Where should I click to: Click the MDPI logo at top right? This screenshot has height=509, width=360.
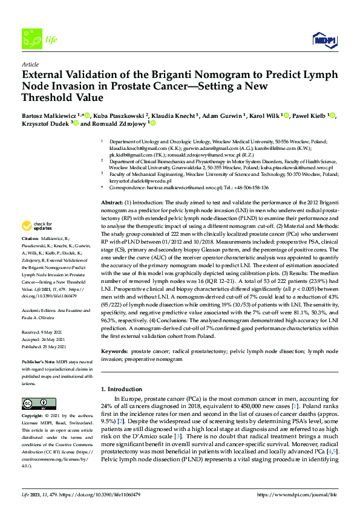pyautogui.click(x=325, y=40)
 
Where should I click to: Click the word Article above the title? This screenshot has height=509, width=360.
pyautogui.click(x=30, y=65)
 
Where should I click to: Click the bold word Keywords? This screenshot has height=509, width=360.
pyautogui.click(x=114, y=351)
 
